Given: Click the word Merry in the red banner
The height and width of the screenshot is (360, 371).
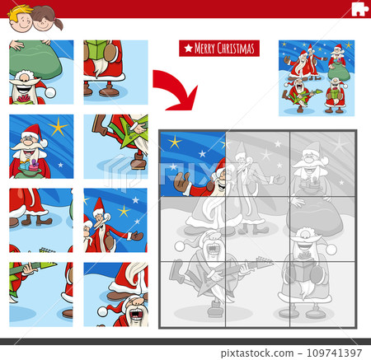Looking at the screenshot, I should pos(204,49).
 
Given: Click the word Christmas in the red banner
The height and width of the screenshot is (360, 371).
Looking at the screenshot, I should pos(236,49).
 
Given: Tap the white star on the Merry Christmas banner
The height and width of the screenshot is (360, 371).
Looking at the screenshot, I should pos(188,49).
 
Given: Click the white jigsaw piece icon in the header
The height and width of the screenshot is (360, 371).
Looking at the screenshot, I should pos(358,9).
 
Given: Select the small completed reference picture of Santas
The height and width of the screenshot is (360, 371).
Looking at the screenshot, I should pos(317,77).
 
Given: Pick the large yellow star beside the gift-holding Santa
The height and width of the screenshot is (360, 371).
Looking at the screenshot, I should pos(58,127).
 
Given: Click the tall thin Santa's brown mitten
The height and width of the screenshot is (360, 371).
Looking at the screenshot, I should pos(136,236).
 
